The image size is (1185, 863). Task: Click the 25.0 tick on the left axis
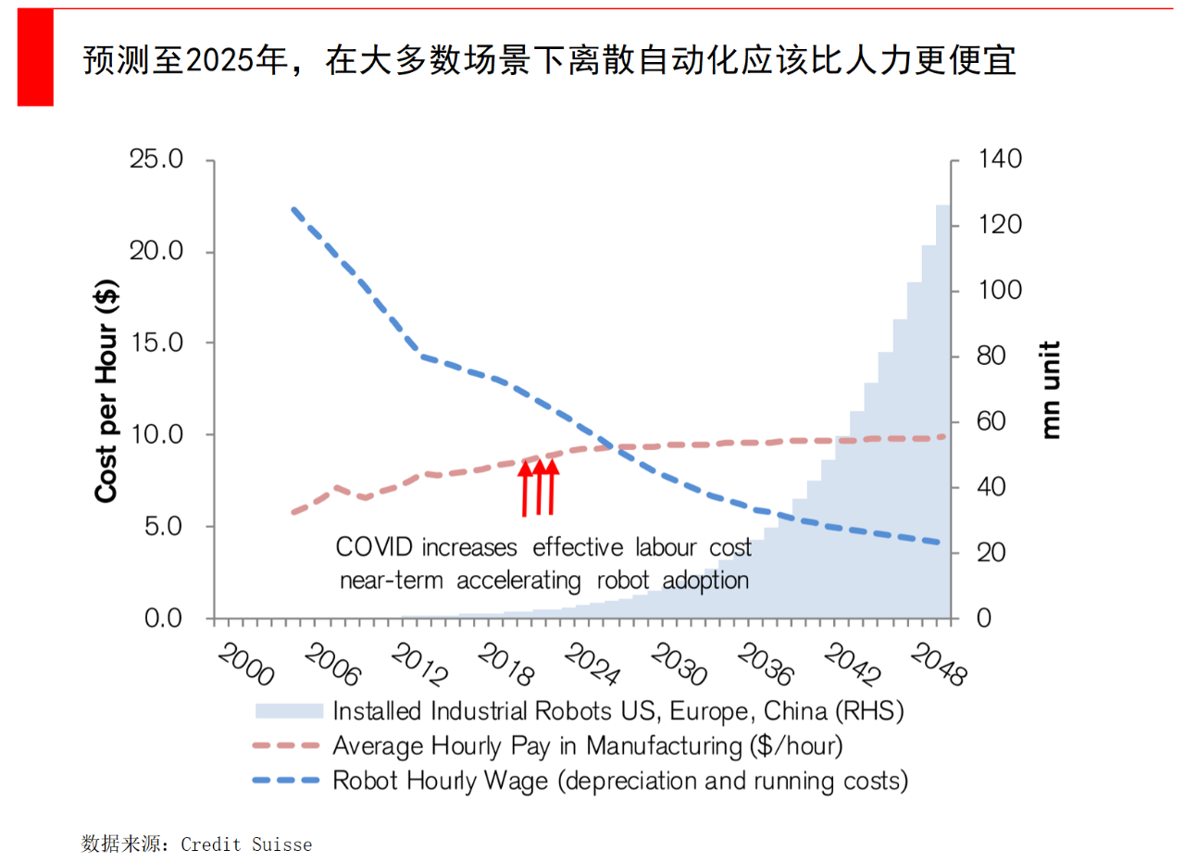pyautogui.click(x=157, y=160)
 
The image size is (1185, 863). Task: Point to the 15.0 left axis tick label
pyautogui.click(x=157, y=344)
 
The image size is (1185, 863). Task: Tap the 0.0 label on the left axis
pyautogui.click(x=164, y=618)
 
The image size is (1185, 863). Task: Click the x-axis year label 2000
pyautogui.click(x=246, y=665)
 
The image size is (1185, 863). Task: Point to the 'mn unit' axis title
pyautogui.click(x=1049, y=390)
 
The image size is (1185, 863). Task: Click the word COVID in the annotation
pyautogui.click(x=375, y=547)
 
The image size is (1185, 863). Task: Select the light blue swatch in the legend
pyautogui.click(x=288, y=711)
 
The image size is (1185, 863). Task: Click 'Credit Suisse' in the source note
pyautogui.click(x=246, y=844)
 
